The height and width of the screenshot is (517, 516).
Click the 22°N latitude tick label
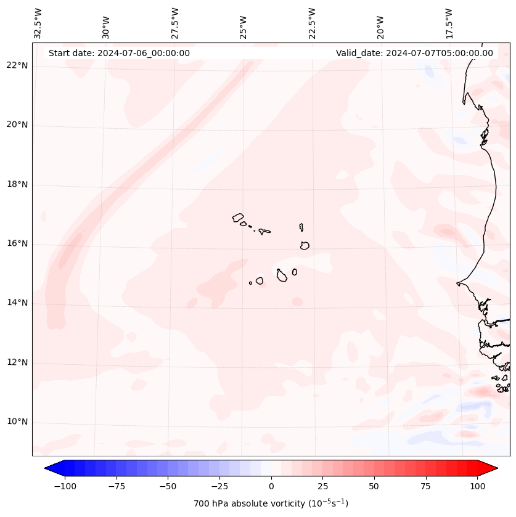click(17, 66)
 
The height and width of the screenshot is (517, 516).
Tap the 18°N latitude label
click(17, 185)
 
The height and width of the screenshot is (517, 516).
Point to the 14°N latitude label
click(17, 303)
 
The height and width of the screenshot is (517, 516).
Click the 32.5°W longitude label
click(38, 23)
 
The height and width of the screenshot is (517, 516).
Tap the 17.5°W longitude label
click(449, 23)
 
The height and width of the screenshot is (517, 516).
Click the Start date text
click(119, 53)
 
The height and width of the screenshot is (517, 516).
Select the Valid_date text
click(414, 53)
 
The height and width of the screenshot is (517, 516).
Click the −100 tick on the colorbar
click(65, 486)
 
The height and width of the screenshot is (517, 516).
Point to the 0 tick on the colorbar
click(271, 486)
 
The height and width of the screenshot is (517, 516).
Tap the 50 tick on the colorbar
click(374, 486)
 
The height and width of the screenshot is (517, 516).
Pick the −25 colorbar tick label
click(219, 486)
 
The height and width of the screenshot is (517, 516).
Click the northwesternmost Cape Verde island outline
click(238, 218)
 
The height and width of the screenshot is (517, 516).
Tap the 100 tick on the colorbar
click(477, 486)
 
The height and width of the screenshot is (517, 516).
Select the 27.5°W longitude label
click(175, 23)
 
